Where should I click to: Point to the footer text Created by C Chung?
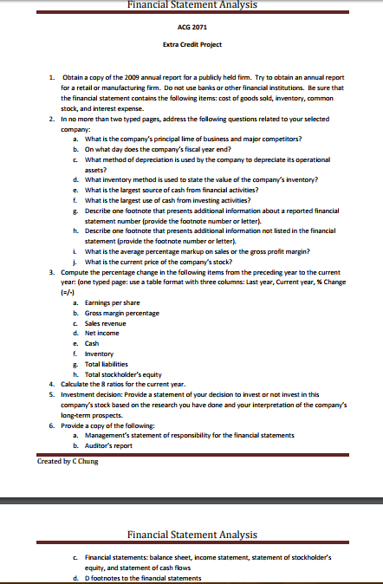tap(68, 461)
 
